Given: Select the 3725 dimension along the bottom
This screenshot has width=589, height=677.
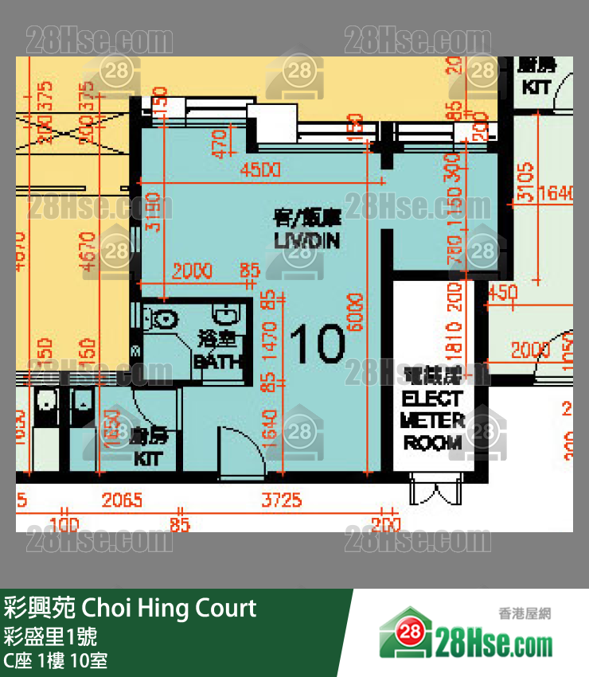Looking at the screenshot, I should click(282, 500).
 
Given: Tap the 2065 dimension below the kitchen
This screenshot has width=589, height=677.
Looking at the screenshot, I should click(122, 500).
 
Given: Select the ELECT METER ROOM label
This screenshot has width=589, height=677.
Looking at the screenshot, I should click(432, 421).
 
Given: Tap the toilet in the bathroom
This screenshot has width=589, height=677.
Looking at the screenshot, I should click(162, 320).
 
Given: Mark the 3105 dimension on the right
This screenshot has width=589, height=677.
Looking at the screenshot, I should click(524, 184).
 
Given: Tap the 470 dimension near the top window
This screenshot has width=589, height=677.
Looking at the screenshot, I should click(220, 143).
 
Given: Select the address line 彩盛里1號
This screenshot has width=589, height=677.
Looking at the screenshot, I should click(50, 636).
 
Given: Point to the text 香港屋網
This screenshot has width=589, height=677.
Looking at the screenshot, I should click(525, 613).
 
